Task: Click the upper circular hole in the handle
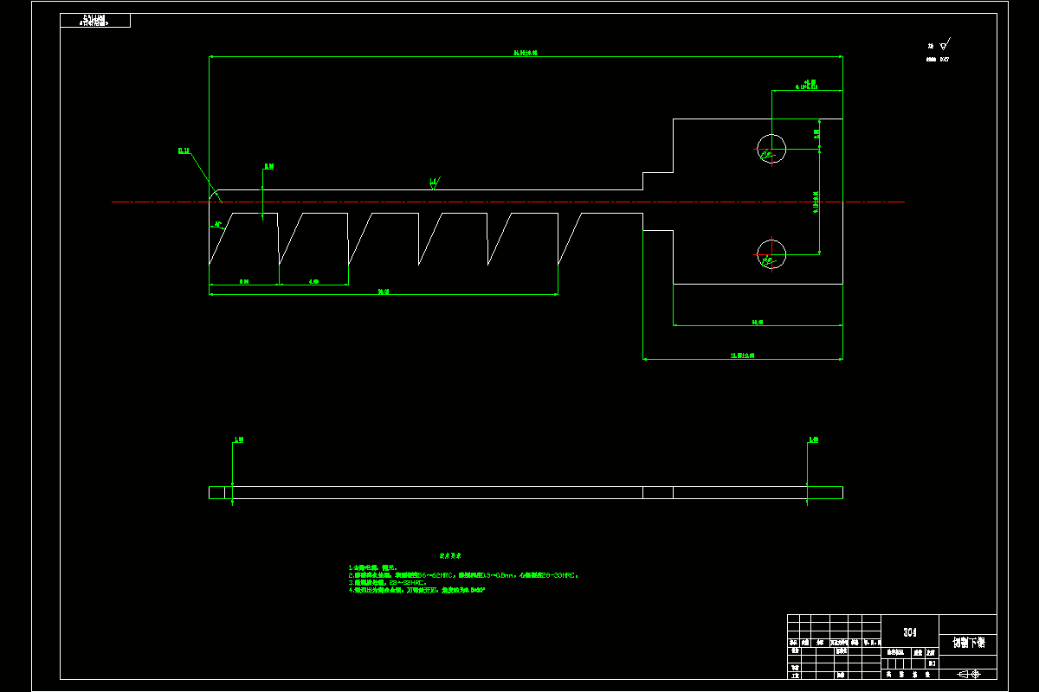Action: (771, 149)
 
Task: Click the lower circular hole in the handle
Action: (771, 253)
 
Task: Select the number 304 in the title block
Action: (909, 631)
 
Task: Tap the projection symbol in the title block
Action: (967, 674)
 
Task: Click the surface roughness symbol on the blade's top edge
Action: (434, 183)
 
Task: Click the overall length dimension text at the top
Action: (526, 53)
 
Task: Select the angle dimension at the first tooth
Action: (218, 224)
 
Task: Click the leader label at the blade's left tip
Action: (184, 151)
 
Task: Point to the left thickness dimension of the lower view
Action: (238, 440)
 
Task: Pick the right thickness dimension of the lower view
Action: (813, 440)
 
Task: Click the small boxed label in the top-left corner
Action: (95, 20)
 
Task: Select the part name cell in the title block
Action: (967, 643)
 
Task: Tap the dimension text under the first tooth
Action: (244, 281)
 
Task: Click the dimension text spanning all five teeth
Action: (383, 292)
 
